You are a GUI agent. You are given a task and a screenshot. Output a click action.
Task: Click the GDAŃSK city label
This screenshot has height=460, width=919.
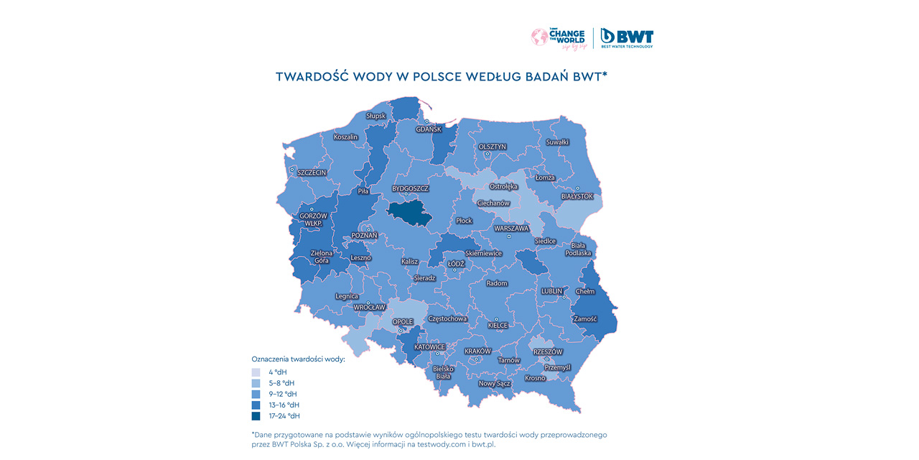(429, 129)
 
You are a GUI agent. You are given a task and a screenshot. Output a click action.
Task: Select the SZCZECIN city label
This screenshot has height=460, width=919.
(312, 172)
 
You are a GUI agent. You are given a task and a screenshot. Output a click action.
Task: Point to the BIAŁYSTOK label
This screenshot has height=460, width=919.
(577, 196)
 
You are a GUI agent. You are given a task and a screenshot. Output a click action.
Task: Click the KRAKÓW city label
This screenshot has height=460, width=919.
(477, 351)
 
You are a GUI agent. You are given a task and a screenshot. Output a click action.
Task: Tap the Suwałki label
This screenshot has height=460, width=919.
(557, 142)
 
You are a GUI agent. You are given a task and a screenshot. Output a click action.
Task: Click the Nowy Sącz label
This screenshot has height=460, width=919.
(494, 384)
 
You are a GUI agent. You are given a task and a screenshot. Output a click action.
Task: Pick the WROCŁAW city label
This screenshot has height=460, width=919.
(369, 307)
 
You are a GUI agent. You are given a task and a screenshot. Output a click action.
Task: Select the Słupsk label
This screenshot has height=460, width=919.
(375, 116)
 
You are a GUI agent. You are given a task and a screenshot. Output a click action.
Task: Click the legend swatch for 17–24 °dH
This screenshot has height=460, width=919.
(256, 415)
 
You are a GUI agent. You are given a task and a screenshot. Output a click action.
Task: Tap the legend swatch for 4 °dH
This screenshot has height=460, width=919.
(256, 372)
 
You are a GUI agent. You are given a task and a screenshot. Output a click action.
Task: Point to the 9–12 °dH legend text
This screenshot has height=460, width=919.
(283, 394)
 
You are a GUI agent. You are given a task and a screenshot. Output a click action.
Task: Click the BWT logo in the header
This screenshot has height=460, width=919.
(627, 37)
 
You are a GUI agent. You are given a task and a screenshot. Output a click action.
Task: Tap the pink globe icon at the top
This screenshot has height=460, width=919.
(539, 37)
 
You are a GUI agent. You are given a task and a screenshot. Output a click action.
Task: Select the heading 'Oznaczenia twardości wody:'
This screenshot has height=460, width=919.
(298, 358)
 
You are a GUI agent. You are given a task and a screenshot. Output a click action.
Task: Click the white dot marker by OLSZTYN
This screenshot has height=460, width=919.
(487, 154)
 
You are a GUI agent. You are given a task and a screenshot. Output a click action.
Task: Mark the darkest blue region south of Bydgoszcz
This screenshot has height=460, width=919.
(411, 213)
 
